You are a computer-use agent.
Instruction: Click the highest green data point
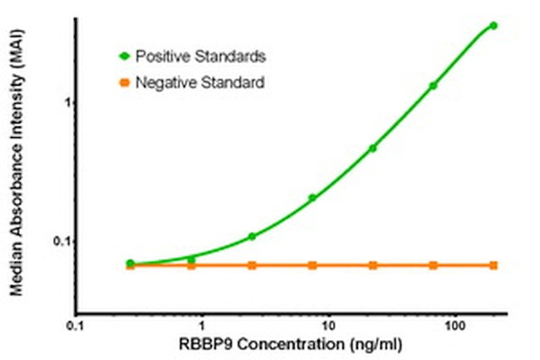[493, 26]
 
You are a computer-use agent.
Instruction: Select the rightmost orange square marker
[493, 265]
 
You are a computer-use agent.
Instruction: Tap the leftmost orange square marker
[130, 265]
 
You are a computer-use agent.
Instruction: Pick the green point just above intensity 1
[433, 86]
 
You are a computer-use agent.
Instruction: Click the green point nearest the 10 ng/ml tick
[312, 198]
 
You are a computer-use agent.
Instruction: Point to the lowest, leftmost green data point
[130, 263]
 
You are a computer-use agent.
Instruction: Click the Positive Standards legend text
[200, 57]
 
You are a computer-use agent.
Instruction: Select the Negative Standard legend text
[200, 82]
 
